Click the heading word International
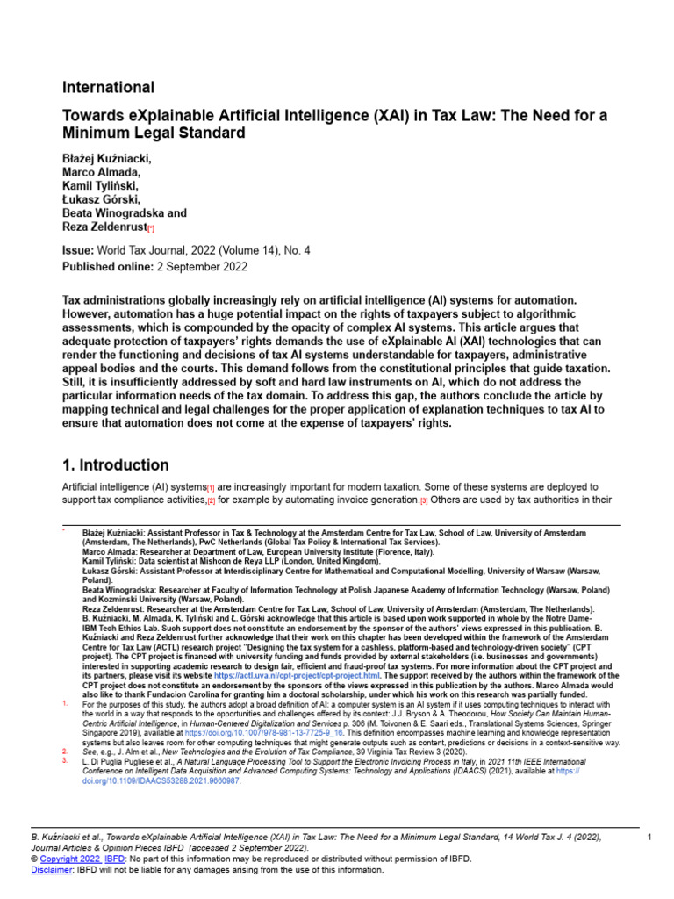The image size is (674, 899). tap(108, 88)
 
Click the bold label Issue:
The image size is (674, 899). tap(77, 250)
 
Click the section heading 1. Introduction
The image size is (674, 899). tap(116, 465)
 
